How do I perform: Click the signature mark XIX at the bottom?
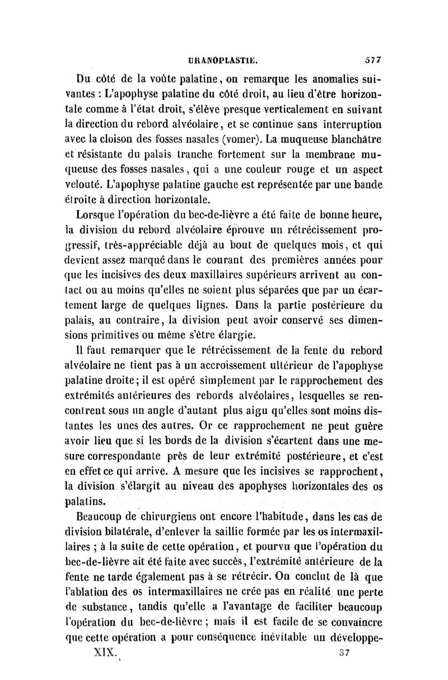102,652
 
